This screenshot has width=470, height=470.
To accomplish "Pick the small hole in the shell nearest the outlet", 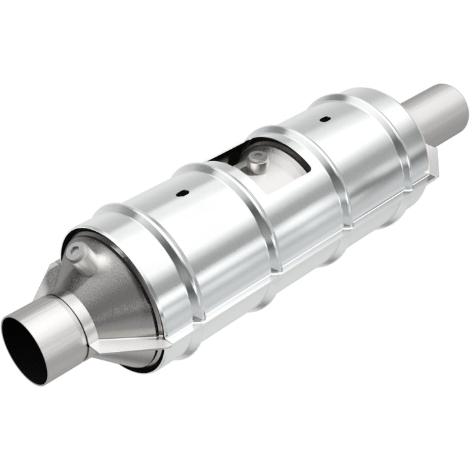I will (x=323, y=120).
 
